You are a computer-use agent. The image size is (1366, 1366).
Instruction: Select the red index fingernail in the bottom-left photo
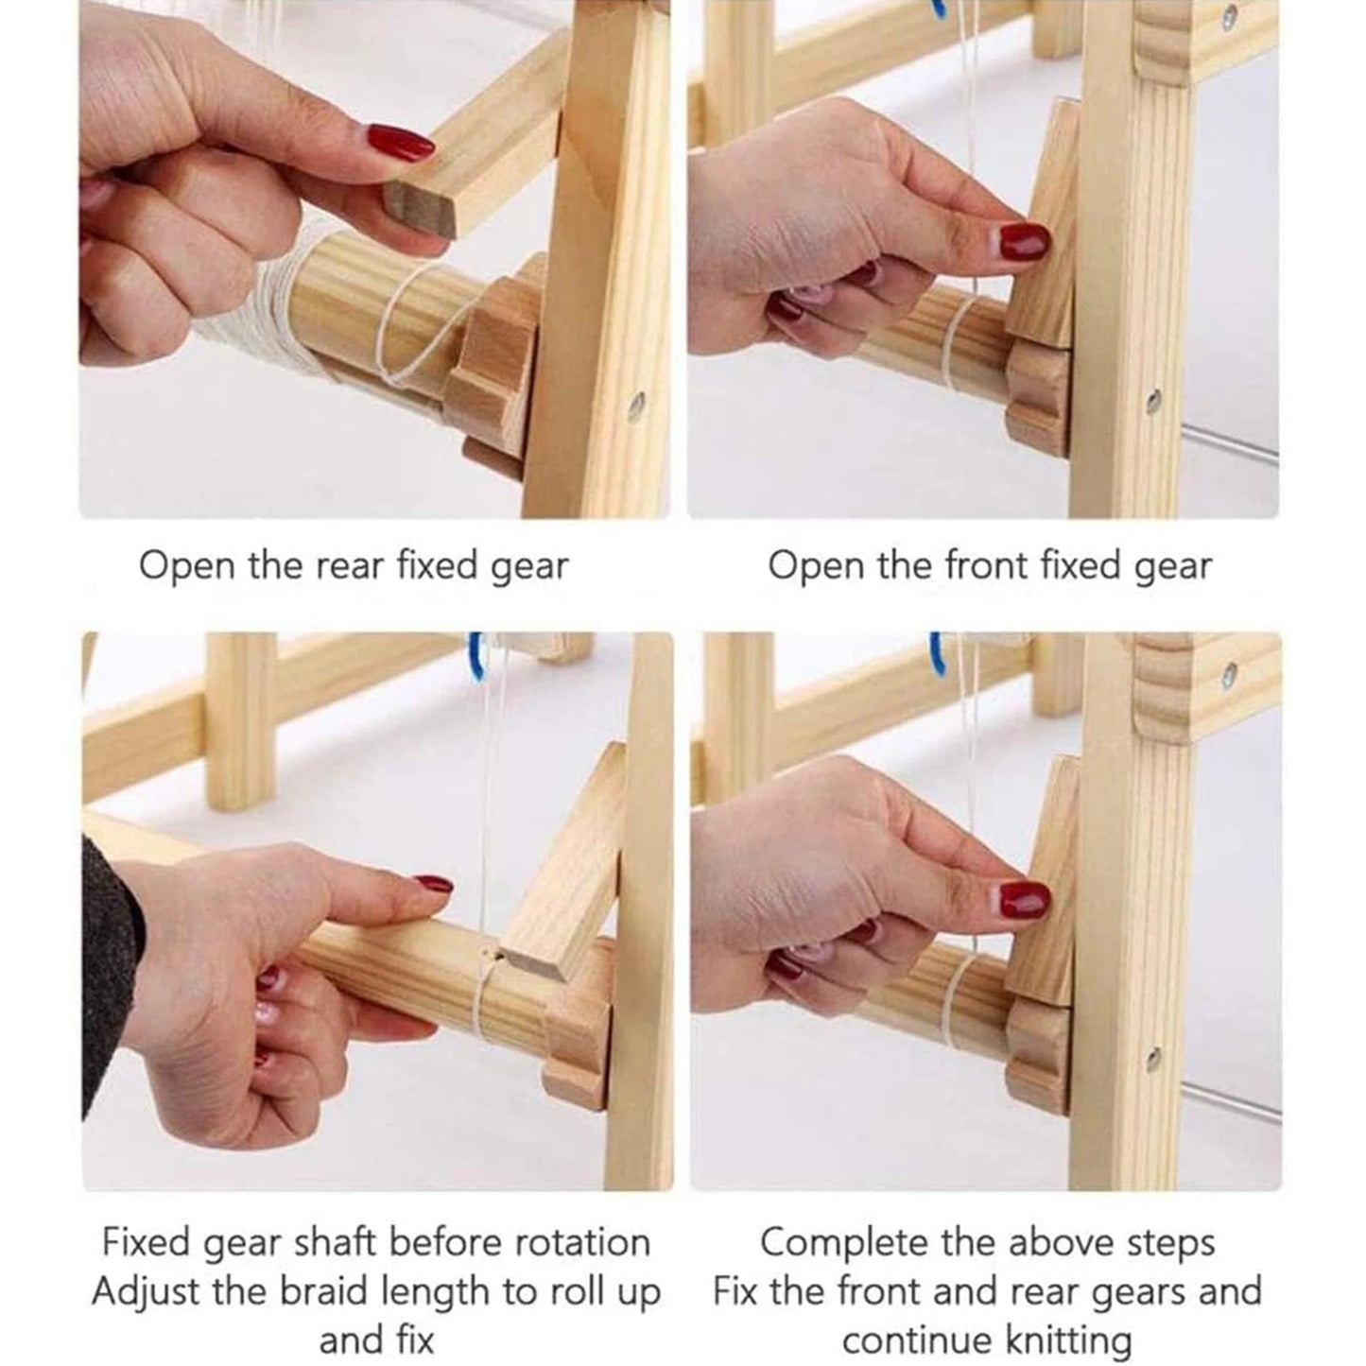pos(434,885)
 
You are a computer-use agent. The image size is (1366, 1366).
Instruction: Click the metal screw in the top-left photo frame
pos(636,407)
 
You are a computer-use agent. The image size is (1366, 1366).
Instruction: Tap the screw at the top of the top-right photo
pos(1226,18)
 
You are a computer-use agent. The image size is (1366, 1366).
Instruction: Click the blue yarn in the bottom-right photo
pos(938,654)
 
